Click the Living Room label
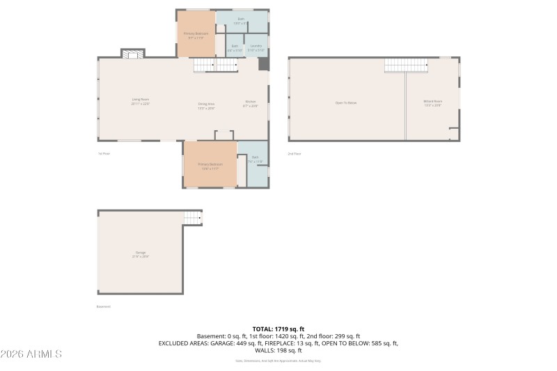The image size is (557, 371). point(141,101)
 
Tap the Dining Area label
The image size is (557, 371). point(206,106)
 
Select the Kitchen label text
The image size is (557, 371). point(251,104)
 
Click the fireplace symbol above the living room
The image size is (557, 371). point(132,54)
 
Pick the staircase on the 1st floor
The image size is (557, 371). point(215,65)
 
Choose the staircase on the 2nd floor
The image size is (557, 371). point(405,65)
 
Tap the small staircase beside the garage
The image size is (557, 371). point(193,219)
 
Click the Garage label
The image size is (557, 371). point(141,254)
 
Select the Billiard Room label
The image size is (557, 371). point(432,103)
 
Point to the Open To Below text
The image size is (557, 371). point(346,102)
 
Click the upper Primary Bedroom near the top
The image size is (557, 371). point(196,34)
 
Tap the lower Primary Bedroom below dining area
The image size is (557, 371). point(210,166)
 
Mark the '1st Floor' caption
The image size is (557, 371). point(104,153)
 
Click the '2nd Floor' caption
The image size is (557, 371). point(295,153)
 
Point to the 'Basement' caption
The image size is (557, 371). point(104,306)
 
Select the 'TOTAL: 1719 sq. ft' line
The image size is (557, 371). point(278,329)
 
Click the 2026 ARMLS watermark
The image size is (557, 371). point(31,354)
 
